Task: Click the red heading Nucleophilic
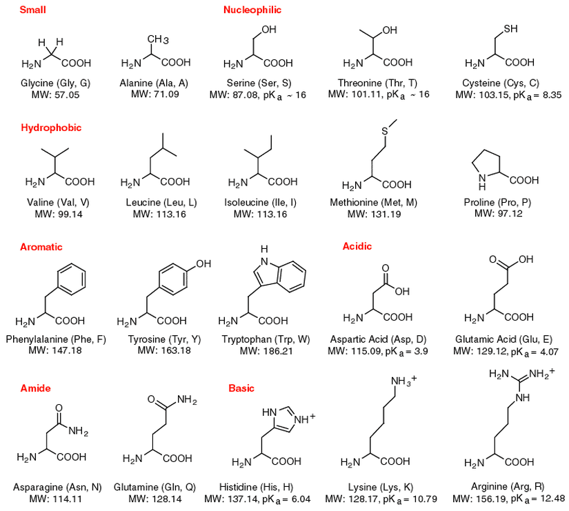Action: coord(252,10)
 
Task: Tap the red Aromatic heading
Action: coord(41,246)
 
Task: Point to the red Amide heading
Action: coord(36,388)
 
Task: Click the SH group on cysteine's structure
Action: coord(510,29)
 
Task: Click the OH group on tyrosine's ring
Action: coord(204,263)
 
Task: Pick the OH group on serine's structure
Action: coord(270,30)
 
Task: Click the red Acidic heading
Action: coord(357,246)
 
